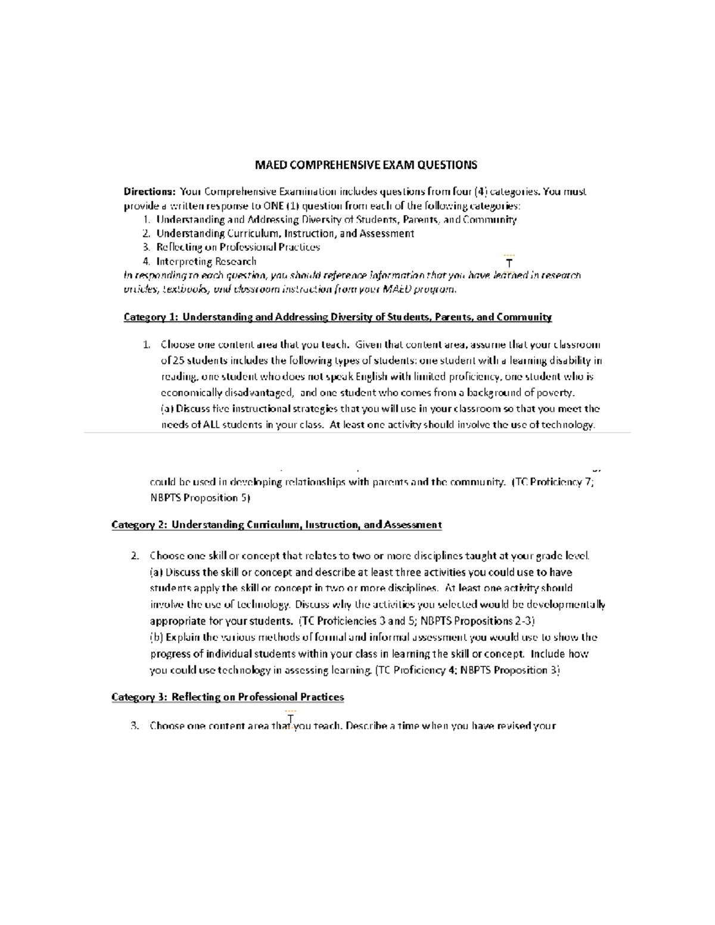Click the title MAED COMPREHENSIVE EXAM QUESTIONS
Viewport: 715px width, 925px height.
click(366, 165)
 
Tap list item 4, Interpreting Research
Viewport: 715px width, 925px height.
click(206, 261)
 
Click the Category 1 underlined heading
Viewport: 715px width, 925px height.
click(337, 317)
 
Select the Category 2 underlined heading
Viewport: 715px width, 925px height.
click(276, 525)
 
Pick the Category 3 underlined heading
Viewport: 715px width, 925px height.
click(228, 697)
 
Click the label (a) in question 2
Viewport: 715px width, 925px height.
click(156, 572)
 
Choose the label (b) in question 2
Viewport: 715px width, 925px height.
click(157, 637)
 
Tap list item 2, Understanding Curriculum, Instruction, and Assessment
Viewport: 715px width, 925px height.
click(285, 233)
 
